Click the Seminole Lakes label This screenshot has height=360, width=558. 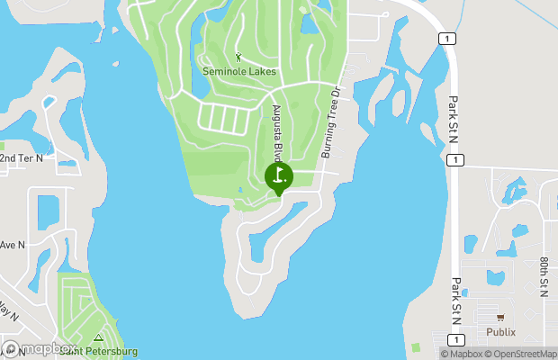point(238,71)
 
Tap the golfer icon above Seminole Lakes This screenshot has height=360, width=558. point(238,58)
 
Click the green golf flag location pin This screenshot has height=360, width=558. point(279,175)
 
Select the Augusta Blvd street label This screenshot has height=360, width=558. point(278,131)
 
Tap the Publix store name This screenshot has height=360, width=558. point(500,331)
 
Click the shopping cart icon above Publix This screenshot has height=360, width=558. point(500,317)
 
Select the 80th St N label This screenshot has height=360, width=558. point(544,276)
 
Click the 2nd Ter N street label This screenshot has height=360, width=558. point(21,157)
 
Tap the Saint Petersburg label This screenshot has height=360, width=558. point(99,350)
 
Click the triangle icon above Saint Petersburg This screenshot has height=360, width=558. point(98,337)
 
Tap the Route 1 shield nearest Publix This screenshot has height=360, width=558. point(457,338)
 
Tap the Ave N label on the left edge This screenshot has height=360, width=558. point(12,245)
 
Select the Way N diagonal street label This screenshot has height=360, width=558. point(9,310)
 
